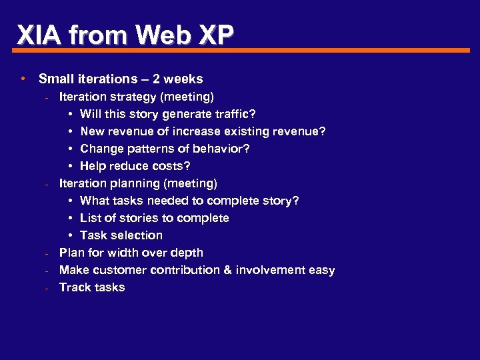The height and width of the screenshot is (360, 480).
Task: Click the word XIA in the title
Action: pos(37,34)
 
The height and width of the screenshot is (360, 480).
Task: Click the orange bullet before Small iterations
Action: pos(23,79)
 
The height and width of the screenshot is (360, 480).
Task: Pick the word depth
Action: pos(187,253)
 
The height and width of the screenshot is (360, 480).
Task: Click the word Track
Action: pos(75,287)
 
